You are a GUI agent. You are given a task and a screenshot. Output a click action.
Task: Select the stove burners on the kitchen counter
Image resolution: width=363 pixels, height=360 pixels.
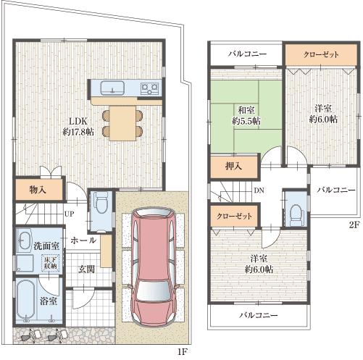[x=149, y=88]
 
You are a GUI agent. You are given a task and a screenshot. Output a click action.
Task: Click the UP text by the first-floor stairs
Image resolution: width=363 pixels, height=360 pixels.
[x=69, y=215]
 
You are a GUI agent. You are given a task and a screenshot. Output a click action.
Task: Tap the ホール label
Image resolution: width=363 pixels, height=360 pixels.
[x=83, y=240]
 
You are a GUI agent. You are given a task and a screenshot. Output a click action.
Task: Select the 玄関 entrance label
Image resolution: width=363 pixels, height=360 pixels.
[x=88, y=268]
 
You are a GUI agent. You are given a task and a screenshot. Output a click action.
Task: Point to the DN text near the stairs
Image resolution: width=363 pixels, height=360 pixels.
[x=259, y=191]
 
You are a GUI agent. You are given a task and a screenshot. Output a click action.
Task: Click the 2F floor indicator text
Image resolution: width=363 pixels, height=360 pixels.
[x=353, y=225]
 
